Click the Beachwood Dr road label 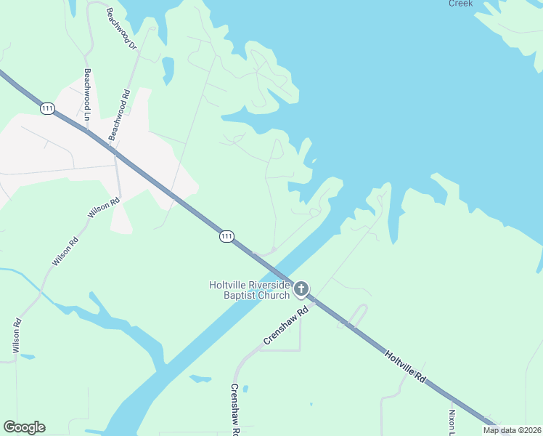[121, 29]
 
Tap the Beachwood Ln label [89, 94]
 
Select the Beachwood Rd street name [119, 115]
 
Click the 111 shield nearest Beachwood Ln [48, 108]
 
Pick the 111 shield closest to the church [226, 237]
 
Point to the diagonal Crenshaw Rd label [286, 325]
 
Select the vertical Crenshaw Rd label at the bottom [235, 409]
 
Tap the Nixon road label [452, 421]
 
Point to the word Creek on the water [460, 4]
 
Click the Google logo [24, 427]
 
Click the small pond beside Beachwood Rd [168, 70]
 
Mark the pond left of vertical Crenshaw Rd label [200, 379]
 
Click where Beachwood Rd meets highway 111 [113, 153]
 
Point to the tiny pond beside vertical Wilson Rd [27, 357]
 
